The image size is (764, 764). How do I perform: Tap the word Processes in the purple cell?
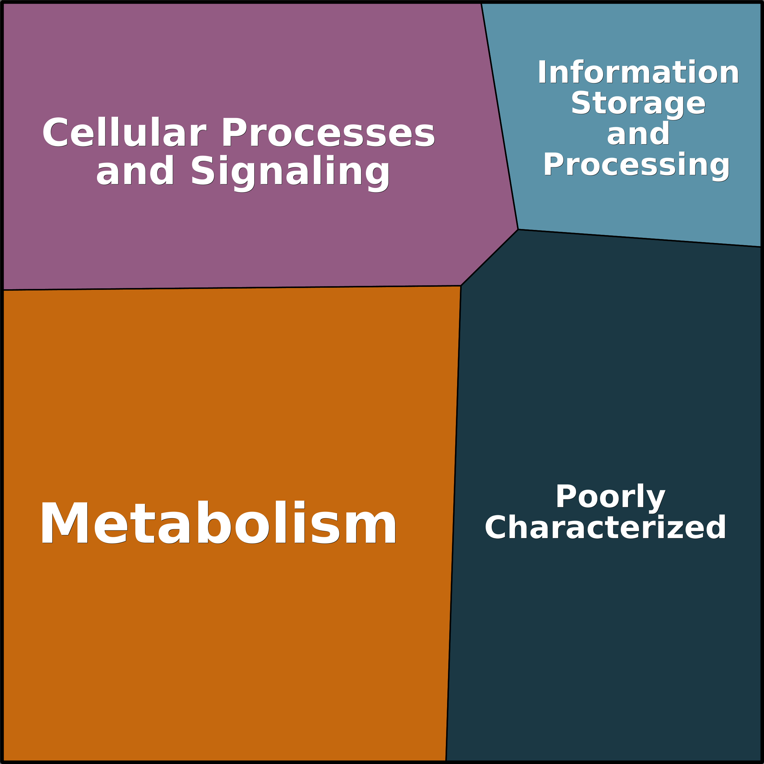click(x=328, y=133)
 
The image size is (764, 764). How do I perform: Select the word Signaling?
click(x=290, y=171)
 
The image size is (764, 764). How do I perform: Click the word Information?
click(x=637, y=72)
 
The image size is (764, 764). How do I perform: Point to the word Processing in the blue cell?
click(x=636, y=165)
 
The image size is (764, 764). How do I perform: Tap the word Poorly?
click(x=611, y=496)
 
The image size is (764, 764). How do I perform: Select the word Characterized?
click(x=605, y=527)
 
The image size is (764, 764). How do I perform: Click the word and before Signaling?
click(x=134, y=171)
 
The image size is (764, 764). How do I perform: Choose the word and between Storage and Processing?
click(x=638, y=134)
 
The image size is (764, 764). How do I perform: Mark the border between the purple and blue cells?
click(x=499, y=115)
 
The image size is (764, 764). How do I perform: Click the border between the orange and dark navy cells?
click(x=453, y=522)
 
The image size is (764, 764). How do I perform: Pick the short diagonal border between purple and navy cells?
click(x=489, y=257)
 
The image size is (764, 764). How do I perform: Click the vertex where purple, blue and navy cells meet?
click(x=518, y=229)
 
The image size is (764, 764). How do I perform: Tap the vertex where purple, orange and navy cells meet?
click(x=461, y=286)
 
